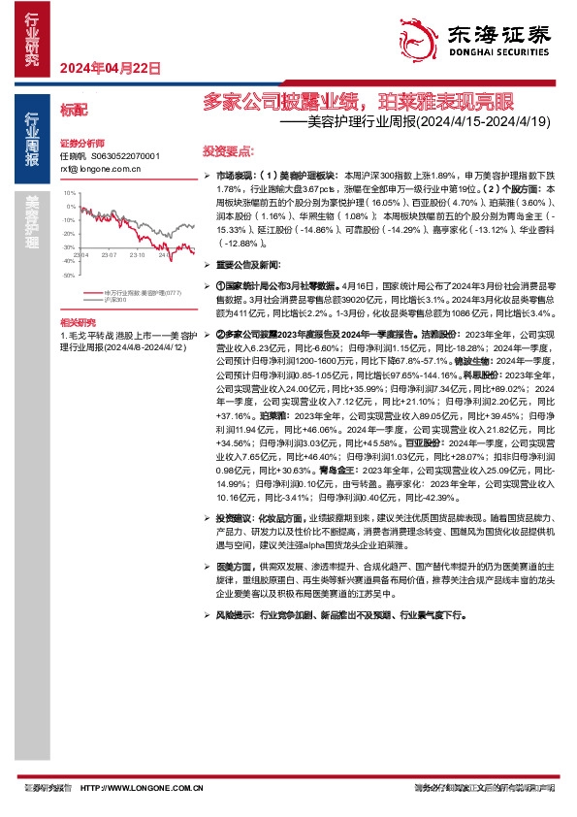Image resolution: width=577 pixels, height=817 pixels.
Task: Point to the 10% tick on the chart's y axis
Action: coord(70,193)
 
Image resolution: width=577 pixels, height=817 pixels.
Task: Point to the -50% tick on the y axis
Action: coord(69,276)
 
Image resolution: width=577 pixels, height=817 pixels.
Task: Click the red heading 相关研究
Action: coord(78,320)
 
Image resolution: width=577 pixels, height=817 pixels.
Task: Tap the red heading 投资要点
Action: coord(228,152)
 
